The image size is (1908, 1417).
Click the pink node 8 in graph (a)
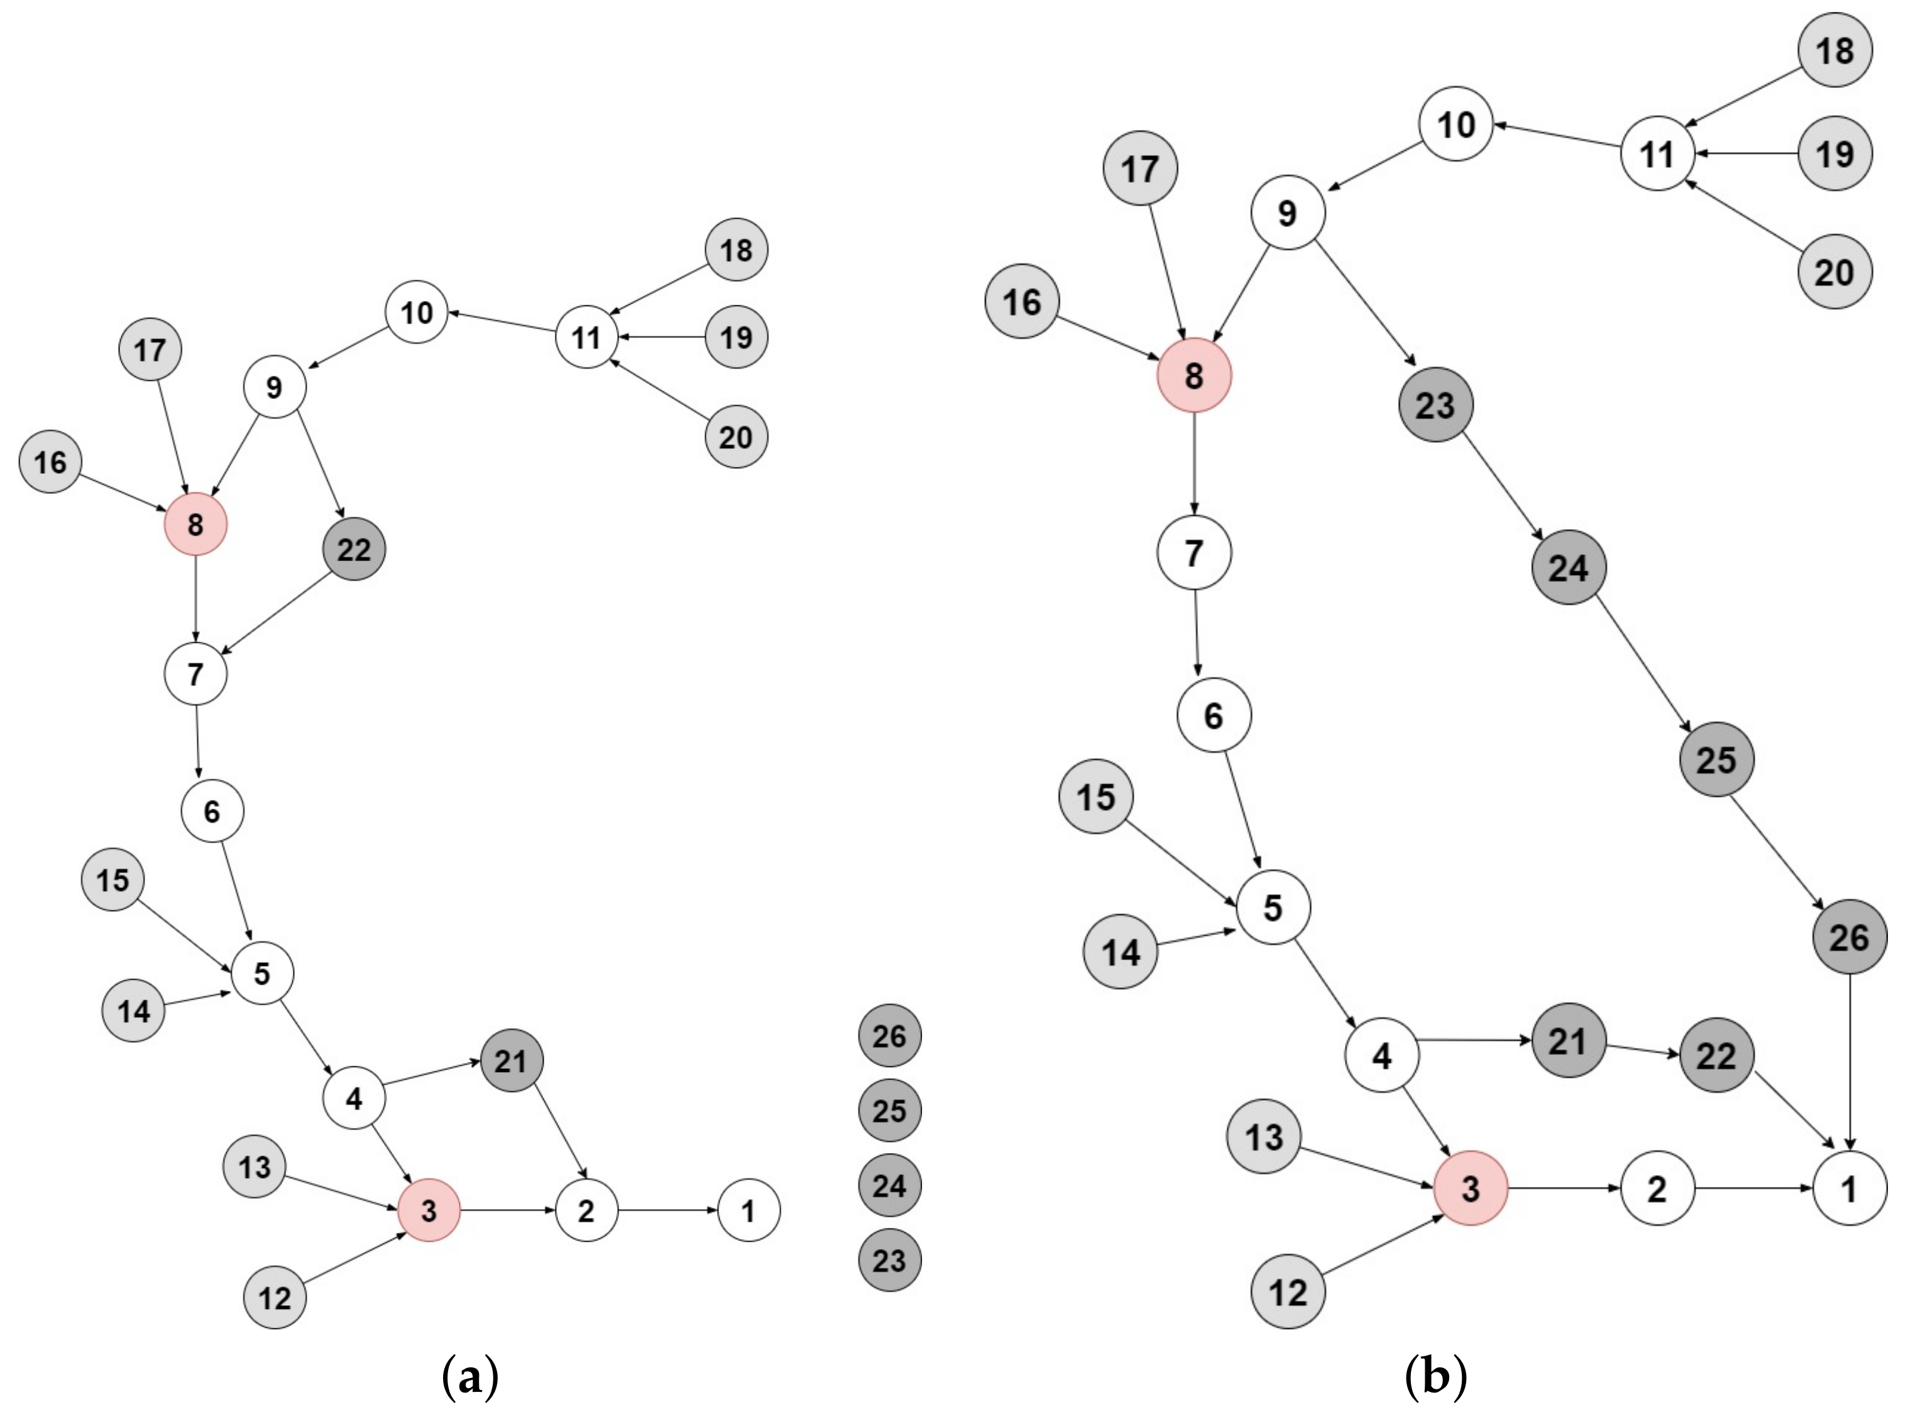tap(195, 524)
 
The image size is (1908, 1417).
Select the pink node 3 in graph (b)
tap(1471, 1188)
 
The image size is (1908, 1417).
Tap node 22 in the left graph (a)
tap(353, 549)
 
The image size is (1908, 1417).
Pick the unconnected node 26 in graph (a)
tap(890, 1036)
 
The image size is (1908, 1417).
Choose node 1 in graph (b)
tap(1850, 1188)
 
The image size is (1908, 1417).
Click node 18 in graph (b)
tap(1835, 51)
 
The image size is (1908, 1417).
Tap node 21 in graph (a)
tap(512, 1061)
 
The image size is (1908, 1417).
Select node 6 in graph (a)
tap(212, 811)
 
